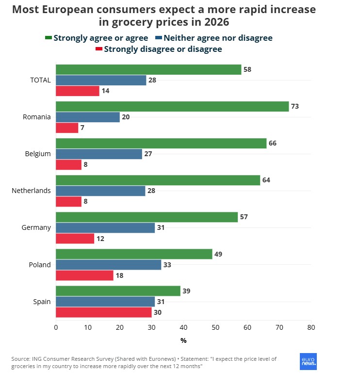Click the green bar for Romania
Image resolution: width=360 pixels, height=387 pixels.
coord(172,107)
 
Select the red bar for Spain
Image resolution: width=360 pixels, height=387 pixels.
coord(104,312)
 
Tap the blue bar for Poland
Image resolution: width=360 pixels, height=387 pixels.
coord(108,265)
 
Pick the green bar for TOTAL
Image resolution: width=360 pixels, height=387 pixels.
coord(148,70)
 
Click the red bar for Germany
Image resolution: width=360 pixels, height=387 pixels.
coord(75,239)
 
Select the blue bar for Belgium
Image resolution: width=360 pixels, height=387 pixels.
coord(99,154)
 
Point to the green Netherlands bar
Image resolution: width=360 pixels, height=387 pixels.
coord(158,180)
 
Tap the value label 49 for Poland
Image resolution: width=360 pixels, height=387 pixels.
coord(218,254)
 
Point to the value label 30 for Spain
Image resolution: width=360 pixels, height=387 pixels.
coord(158,312)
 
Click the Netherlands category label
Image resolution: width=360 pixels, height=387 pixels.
coord(31,191)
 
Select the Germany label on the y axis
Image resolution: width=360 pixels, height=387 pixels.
coord(36,227)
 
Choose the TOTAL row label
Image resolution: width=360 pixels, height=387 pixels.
coord(40,80)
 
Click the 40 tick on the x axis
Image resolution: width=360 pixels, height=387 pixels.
coord(183,327)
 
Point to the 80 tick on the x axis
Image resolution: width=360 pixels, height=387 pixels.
coord(311,327)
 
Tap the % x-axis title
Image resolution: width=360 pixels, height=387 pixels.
coord(183,340)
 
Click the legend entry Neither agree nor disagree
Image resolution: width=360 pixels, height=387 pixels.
coord(218,38)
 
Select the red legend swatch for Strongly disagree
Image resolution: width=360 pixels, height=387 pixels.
coord(99,49)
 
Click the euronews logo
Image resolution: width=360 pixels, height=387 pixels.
coord(308,361)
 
